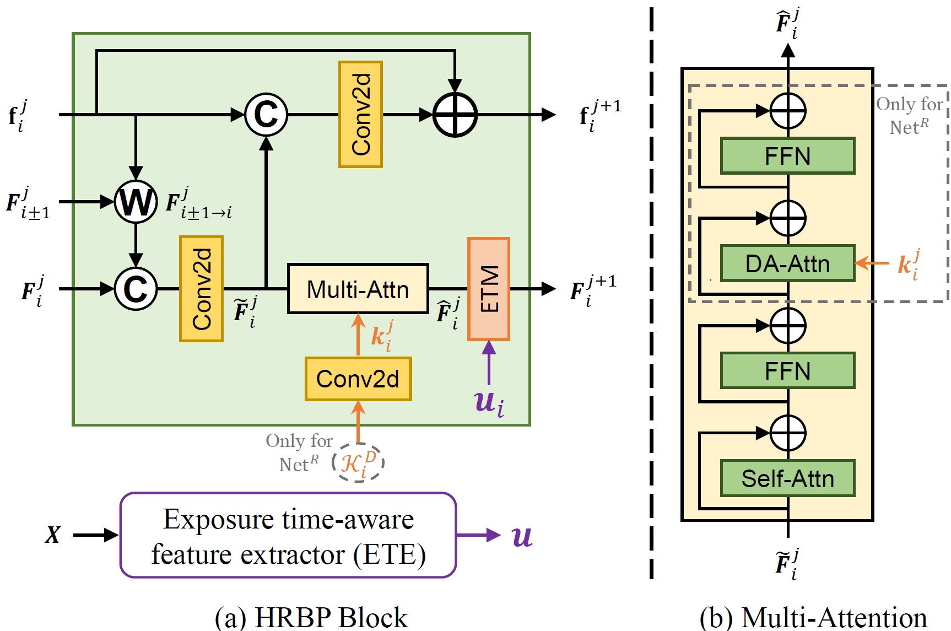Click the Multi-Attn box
358,289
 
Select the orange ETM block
489,289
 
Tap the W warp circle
136,202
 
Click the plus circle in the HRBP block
455,115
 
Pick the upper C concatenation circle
266,115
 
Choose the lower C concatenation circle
136,289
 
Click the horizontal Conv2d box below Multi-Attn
358,379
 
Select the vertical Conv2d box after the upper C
361,115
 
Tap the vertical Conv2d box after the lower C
202,289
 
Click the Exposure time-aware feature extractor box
288,535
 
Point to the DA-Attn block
788,263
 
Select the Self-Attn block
788,478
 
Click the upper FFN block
788,156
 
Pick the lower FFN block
788,371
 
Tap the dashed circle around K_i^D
358,462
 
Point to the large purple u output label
522,536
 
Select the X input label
53,535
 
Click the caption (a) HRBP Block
311,618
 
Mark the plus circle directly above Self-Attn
788,433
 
